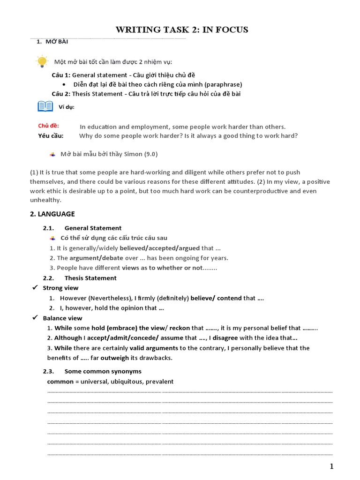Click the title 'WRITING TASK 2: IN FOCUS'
pyautogui.click(x=182, y=30)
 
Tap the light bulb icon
pyautogui.click(x=42, y=61)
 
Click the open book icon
pyautogui.click(x=45, y=106)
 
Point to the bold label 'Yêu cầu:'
pyautogui.click(x=51, y=136)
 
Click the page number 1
pyautogui.click(x=332, y=466)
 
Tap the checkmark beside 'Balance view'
pyautogui.click(x=34, y=318)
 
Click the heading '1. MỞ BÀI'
pyautogui.click(x=52, y=42)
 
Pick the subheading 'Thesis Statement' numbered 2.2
pyautogui.click(x=90, y=278)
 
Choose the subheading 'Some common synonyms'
pyautogui.click(x=103, y=371)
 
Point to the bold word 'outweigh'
pyautogui.click(x=114, y=358)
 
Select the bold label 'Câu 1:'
pyautogui.click(x=61, y=75)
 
